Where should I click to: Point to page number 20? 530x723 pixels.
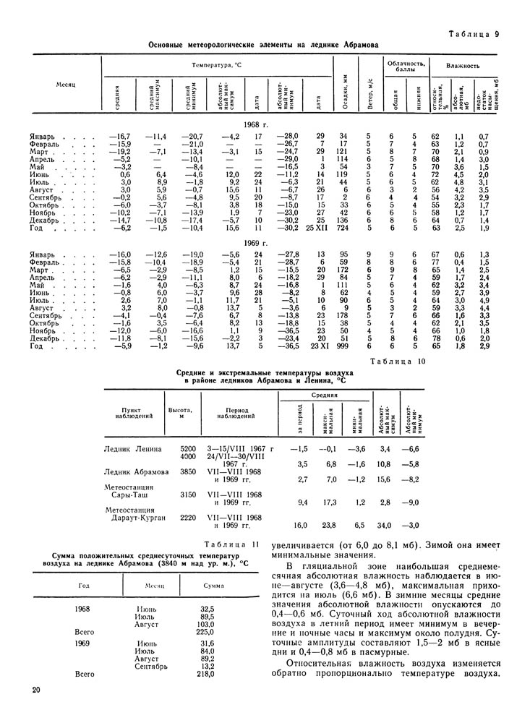click(x=36, y=691)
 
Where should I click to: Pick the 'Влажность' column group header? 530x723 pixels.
click(x=463, y=65)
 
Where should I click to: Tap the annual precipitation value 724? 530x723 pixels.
click(x=343, y=228)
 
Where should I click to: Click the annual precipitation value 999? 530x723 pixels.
click(x=343, y=346)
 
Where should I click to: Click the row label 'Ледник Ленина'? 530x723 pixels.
click(x=135, y=449)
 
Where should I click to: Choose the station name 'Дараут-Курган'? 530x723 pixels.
click(x=135, y=518)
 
